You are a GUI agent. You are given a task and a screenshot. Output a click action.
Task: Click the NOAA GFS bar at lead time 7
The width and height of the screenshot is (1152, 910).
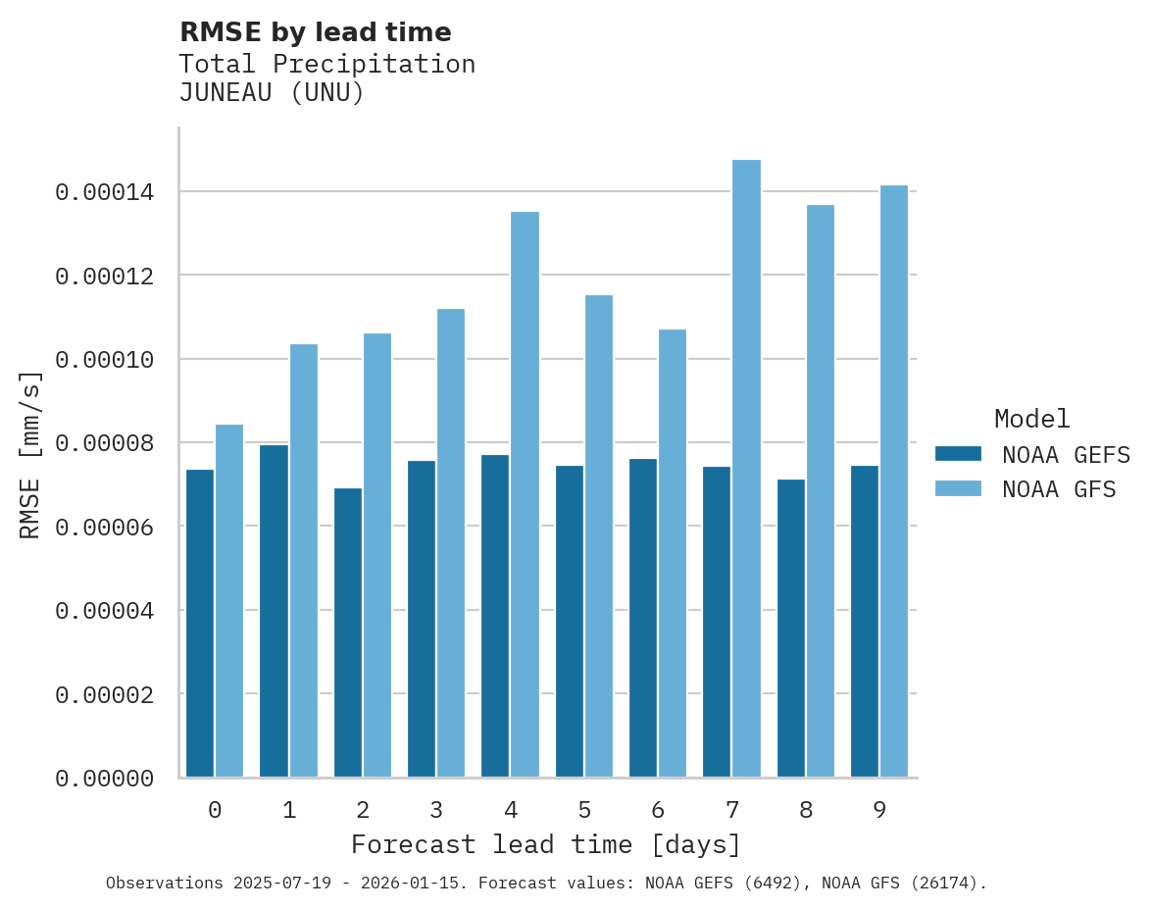click(746, 469)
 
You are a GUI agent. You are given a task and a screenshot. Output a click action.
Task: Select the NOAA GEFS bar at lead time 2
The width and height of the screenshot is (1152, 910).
click(348, 632)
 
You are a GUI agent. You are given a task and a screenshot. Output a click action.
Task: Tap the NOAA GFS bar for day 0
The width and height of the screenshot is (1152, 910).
click(229, 600)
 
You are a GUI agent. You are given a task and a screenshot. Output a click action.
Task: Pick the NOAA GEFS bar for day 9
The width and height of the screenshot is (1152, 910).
click(865, 621)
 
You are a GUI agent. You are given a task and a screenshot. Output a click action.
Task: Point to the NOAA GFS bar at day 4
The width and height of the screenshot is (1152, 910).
click(525, 494)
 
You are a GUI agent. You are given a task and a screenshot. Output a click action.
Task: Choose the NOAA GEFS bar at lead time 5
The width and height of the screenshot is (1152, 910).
click(570, 621)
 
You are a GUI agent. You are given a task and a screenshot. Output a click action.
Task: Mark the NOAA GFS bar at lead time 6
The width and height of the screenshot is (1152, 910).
click(673, 553)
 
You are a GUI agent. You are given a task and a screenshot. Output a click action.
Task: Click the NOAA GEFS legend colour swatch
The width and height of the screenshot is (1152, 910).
click(958, 453)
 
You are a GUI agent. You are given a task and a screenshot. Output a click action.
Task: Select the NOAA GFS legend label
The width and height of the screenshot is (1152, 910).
click(1059, 488)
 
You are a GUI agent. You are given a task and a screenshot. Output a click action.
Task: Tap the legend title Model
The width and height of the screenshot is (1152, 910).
click(1031, 419)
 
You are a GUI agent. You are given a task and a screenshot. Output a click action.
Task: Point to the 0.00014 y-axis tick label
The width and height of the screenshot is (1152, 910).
click(105, 192)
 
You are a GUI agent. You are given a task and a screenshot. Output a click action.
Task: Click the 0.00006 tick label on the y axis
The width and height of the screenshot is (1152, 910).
click(105, 528)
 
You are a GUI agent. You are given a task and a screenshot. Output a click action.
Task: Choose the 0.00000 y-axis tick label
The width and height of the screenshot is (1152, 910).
click(105, 779)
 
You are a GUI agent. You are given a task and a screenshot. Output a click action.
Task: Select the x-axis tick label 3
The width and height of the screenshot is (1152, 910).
click(436, 810)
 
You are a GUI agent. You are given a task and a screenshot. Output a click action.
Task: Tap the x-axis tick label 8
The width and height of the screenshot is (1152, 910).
click(806, 810)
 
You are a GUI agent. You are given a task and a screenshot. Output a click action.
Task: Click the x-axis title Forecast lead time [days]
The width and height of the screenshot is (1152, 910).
click(546, 844)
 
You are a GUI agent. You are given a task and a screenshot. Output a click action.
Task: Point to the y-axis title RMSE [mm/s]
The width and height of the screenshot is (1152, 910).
click(31, 455)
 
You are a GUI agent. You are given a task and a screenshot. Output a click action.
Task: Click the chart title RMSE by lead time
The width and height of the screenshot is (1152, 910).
click(315, 32)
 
